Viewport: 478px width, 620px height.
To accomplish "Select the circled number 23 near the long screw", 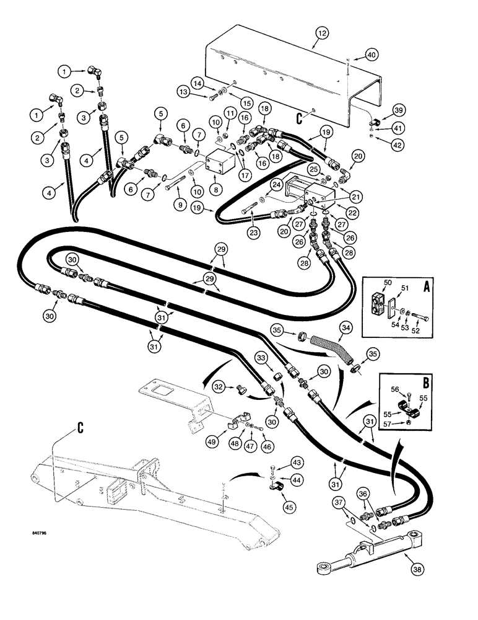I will click(x=253, y=234).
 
